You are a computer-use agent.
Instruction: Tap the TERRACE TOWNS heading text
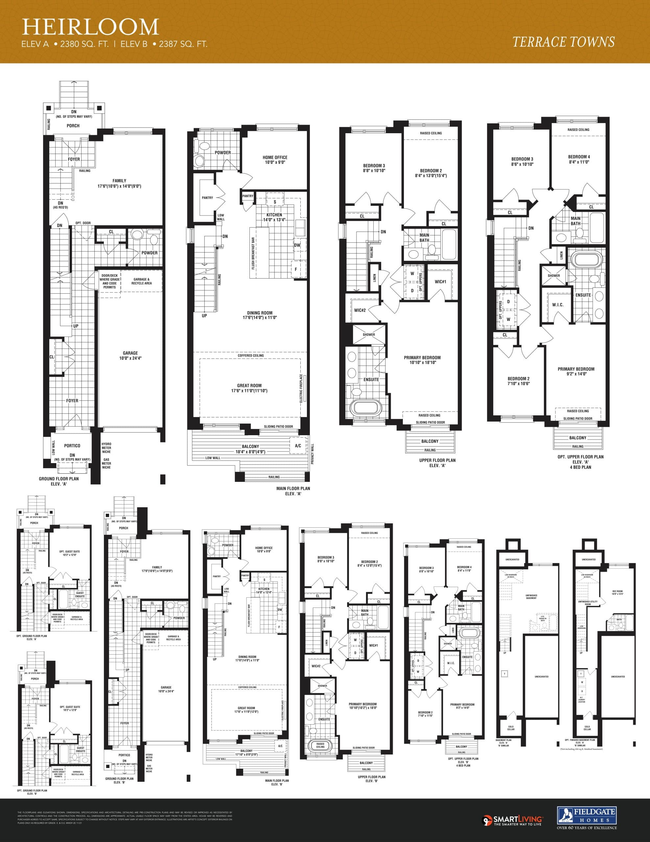[563, 42]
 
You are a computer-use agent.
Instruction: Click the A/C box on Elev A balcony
[298, 446]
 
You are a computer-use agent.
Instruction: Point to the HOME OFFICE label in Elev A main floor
[275, 160]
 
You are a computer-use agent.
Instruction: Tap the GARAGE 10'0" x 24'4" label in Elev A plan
[130, 355]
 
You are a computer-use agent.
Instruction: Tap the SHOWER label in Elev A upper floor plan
[369, 334]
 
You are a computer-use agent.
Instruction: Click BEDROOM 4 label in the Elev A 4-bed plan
[579, 159]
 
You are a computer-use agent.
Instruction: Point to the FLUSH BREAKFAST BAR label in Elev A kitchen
[253, 253]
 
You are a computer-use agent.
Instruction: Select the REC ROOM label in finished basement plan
[617, 593]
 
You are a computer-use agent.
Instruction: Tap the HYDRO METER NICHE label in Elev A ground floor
[106, 448]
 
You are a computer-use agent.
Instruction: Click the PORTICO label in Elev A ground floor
[72, 445]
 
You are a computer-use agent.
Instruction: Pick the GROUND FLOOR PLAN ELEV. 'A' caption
[58, 481]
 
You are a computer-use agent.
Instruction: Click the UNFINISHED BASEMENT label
[531, 597]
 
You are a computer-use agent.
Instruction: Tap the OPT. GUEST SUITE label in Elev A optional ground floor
[70, 553]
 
